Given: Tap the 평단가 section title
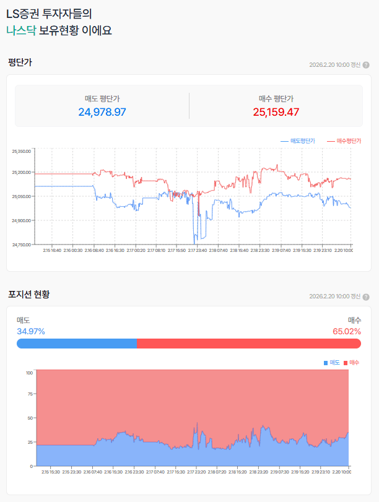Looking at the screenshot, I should click(x=20, y=63).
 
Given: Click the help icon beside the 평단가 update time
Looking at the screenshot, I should click(x=366, y=65).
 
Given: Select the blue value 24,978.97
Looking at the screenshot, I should click(x=102, y=112).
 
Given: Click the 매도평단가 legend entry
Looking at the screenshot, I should click(x=298, y=141).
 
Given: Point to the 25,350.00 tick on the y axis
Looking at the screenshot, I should click(x=21, y=151).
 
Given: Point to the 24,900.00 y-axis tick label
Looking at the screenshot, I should click(x=21, y=220).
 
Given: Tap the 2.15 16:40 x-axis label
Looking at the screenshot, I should click(x=52, y=250).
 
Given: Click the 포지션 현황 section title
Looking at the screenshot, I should click(x=28, y=294).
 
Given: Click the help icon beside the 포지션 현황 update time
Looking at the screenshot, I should click(x=366, y=296).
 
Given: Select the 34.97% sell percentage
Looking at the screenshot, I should click(x=30, y=331).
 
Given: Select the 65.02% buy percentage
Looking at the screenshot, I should click(x=347, y=331).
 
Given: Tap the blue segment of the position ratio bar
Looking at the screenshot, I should click(x=77, y=344).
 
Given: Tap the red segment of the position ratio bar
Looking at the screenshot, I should click(x=248, y=344).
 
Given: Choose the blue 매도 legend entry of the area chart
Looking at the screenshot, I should click(x=331, y=362).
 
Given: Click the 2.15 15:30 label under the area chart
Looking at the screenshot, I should click(x=51, y=472).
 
